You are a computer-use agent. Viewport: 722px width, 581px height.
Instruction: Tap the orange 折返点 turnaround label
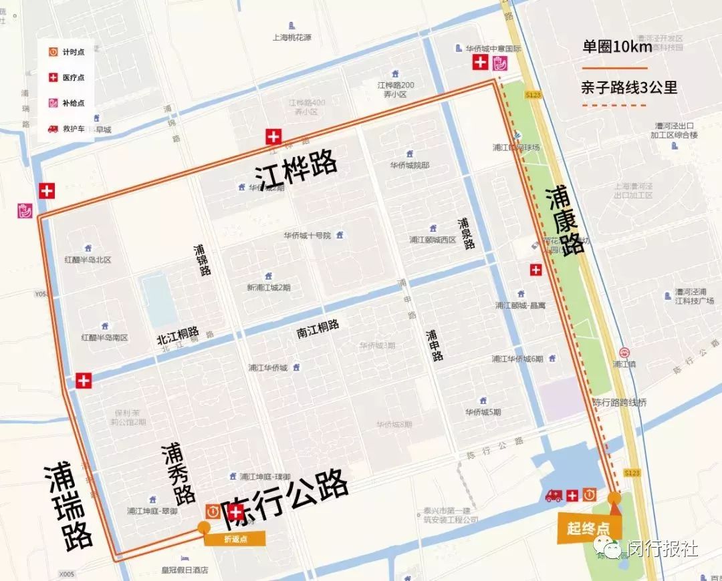pyautogui.click(x=235, y=539)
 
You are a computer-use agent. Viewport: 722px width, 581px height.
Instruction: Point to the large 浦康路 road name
pyautogui.click(x=565, y=221)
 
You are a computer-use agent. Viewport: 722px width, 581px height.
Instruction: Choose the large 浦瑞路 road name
pyautogui.click(x=68, y=506)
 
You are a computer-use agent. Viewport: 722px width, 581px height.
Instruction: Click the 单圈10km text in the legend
pyautogui.click(x=616, y=47)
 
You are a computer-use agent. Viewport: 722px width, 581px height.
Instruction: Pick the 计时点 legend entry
pyautogui.click(x=74, y=52)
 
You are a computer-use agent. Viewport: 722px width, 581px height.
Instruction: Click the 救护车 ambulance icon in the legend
pyautogui.click(x=53, y=128)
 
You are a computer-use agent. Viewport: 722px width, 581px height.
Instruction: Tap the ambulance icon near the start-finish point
pyautogui.click(x=554, y=496)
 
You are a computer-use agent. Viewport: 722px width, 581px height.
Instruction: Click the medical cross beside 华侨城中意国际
pyautogui.click(x=480, y=63)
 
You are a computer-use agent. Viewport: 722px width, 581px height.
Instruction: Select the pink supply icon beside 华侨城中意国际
pyautogui.click(x=499, y=63)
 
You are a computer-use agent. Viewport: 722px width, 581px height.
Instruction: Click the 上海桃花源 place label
pyautogui.click(x=292, y=37)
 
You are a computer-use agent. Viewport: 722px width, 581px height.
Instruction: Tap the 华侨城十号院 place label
pyautogui.click(x=308, y=235)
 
